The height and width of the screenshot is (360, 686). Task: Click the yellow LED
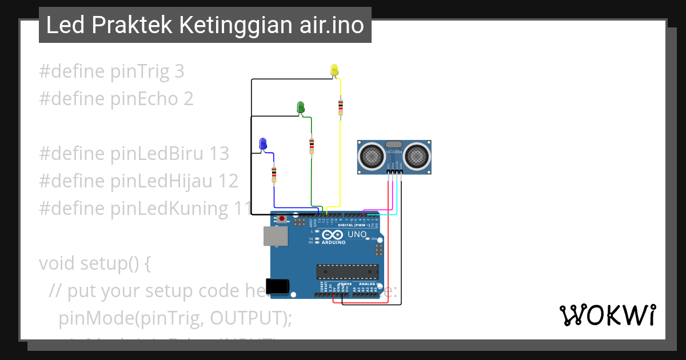[x=334, y=70]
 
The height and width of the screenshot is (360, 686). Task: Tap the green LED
[x=300, y=107]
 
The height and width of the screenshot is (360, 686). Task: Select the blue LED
[x=263, y=143]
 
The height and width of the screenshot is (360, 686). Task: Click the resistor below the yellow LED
[x=341, y=106]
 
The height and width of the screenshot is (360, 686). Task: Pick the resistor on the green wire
[x=312, y=145]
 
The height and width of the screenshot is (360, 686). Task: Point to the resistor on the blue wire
[x=274, y=174]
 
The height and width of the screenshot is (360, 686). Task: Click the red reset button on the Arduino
[x=282, y=218]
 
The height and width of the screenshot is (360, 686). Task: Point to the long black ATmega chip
[x=348, y=273]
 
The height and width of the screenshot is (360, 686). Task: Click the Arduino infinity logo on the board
[x=332, y=235]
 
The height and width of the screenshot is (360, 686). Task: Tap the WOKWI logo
[x=608, y=315]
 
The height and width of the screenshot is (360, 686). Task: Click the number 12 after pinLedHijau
[x=228, y=181]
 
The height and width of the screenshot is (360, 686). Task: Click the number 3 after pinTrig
[x=178, y=71]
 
